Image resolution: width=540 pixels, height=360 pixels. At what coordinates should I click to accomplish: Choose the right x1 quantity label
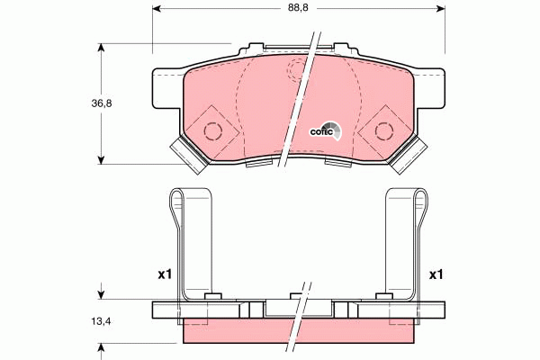click(436, 274)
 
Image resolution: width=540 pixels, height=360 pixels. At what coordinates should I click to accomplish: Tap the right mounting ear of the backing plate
click(436, 89)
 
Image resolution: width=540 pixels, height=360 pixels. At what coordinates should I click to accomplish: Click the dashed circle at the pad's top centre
click(297, 70)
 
